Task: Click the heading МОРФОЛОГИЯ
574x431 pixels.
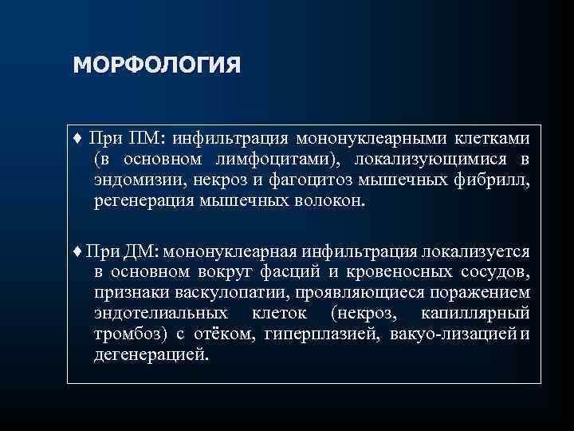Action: click(155, 64)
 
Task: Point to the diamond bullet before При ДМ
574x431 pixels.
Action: click(77, 252)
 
